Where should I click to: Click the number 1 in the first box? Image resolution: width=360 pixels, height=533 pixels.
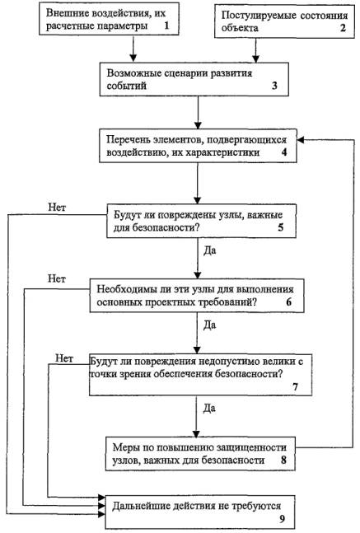click(x=166, y=26)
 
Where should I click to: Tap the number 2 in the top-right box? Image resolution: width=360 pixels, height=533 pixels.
click(x=343, y=27)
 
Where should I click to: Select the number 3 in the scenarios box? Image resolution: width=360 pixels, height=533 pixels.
click(x=274, y=86)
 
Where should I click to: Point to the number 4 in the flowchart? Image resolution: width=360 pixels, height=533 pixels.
click(x=284, y=152)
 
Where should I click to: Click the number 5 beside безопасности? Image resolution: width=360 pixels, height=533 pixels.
click(x=280, y=227)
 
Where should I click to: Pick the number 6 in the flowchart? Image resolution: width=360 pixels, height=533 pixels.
click(x=288, y=302)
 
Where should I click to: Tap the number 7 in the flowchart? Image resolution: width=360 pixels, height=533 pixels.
click(x=295, y=386)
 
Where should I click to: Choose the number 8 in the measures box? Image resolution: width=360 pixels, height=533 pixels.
click(x=283, y=460)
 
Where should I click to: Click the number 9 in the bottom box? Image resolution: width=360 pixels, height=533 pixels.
click(x=282, y=519)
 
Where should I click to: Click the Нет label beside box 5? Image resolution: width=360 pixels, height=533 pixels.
click(x=57, y=207)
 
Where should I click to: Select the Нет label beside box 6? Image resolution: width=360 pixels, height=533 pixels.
click(x=57, y=278)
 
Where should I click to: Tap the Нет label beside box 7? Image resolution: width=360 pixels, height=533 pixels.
click(x=64, y=358)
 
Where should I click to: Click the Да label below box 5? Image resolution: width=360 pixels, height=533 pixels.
click(x=210, y=251)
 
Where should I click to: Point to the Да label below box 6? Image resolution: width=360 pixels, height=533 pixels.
click(x=209, y=325)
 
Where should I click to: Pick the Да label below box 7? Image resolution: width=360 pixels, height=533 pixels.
click(x=209, y=408)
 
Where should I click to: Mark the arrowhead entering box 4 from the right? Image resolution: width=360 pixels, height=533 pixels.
click(x=300, y=140)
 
